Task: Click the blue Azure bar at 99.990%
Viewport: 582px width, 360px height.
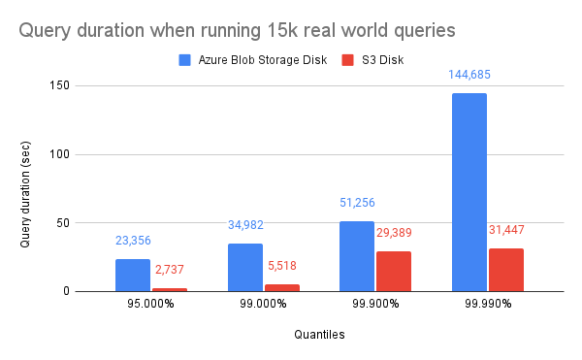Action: pyautogui.click(x=469, y=192)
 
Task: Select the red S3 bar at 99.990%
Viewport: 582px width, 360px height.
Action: pyautogui.click(x=505, y=270)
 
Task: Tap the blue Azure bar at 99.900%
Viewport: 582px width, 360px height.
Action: pyautogui.click(x=356, y=256)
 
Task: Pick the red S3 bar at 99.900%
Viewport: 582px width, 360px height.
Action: pyautogui.click(x=393, y=271)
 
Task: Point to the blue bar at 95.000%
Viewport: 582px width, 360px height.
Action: pyautogui.click(x=133, y=275)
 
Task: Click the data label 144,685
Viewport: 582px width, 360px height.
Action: pyautogui.click(x=469, y=74)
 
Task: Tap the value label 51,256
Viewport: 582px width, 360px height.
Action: pyautogui.click(x=356, y=203)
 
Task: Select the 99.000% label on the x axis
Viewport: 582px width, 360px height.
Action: pyautogui.click(x=263, y=304)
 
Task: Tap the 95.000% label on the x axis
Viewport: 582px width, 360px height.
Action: pyautogui.click(x=150, y=304)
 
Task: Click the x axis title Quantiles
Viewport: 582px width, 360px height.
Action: pyautogui.click(x=319, y=336)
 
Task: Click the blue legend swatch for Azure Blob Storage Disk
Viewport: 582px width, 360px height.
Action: pyautogui.click(x=185, y=60)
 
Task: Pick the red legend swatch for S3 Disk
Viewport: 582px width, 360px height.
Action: pyautogui.click(x=349, y=60)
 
